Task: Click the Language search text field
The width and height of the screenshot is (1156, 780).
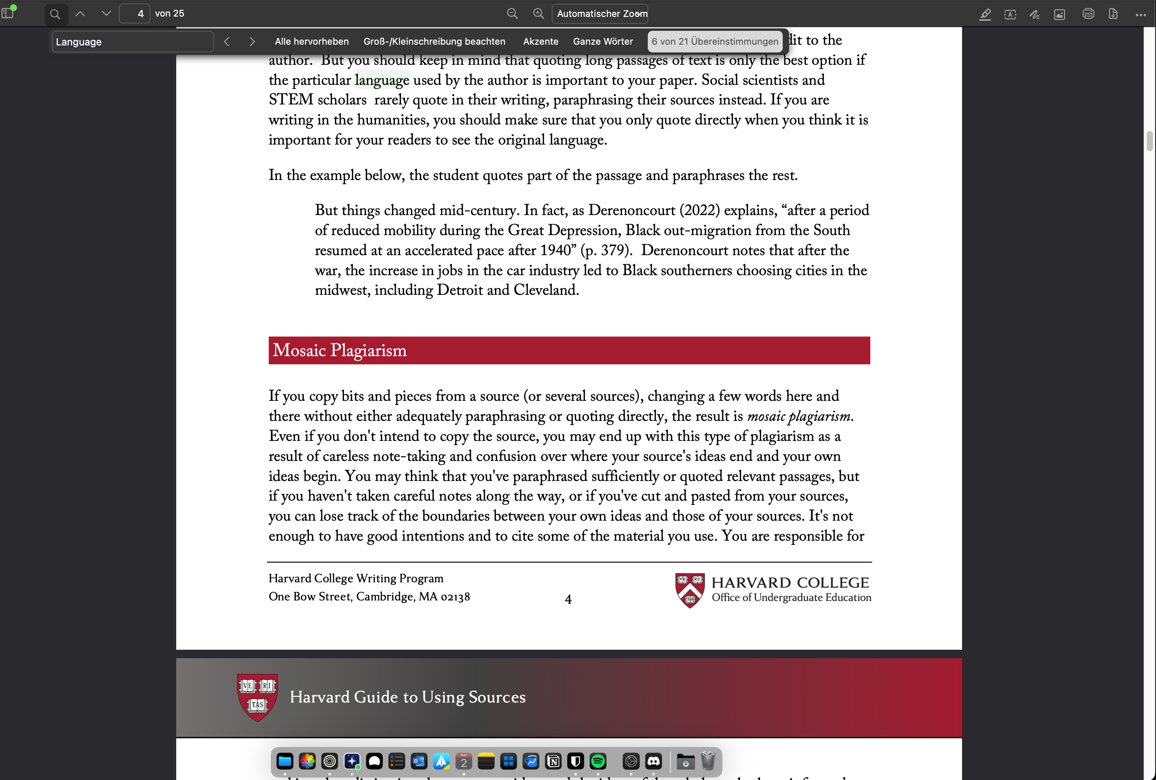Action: pos(132,42)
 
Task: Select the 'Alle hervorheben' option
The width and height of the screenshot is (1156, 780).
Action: pos(312,42)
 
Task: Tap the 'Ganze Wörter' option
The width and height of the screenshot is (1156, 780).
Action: pos(602,42)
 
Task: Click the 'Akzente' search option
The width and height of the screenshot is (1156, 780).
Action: pos(540,42)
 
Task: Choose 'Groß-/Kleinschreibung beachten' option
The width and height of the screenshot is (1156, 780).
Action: pos(434,42)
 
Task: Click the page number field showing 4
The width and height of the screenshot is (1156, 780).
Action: pos(135,13)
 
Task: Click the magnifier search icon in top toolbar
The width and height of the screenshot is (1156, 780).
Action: pos(55,14)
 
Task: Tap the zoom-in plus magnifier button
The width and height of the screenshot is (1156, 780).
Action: pos(538,13)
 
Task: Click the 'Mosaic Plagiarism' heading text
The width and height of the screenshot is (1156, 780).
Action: pos(339,350)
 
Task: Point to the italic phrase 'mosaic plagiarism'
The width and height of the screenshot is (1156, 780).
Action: pos(798,416)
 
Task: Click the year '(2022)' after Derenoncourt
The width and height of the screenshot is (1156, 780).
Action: pos(699,210)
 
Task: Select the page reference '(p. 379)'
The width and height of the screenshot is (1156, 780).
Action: pos(606,250)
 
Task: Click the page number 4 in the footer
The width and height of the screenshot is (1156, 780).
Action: pos(568,599)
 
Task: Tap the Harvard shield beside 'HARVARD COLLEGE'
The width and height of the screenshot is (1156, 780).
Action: pos(689,590)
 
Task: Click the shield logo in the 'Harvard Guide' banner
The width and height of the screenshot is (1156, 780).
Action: pos(257,697)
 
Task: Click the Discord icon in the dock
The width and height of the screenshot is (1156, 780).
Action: pos(653,761)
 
